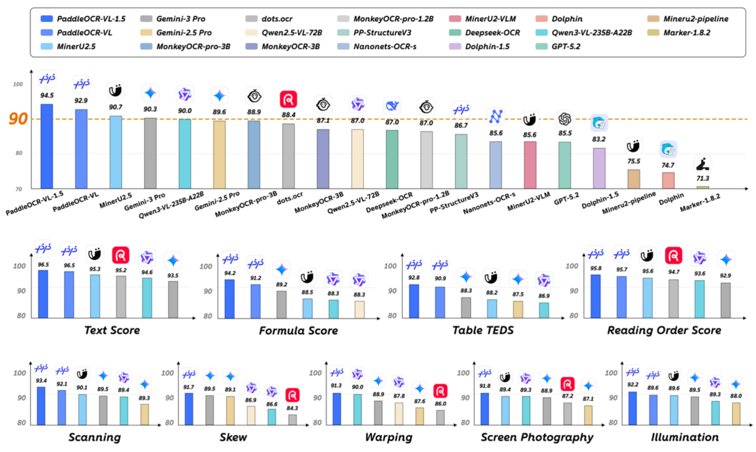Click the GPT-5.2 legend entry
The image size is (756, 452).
click(565, 46)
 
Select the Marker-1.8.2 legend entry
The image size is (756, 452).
click(686, 33)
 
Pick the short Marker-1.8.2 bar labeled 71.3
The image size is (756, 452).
click(702, 188)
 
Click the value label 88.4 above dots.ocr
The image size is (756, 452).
click(288, 115)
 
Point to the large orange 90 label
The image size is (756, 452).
click(18, 119)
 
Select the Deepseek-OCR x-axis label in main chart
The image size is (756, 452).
click(389, 202)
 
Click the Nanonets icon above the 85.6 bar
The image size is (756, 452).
click(496, 116)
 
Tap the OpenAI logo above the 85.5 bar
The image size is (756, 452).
click(565, 119)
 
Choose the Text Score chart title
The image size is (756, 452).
click(112, 330)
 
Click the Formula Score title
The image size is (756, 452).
click(298, 331)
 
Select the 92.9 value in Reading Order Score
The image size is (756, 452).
click(725, 276)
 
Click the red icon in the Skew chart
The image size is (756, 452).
click(292, 395)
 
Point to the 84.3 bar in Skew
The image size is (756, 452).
click(292, 420)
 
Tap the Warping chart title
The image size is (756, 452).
click(388, 437)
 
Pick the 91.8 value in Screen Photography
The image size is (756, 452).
click(485, 386)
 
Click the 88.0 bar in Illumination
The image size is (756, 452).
click(736, 414)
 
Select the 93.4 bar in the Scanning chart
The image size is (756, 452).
click(41, 406)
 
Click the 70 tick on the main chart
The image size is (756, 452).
click(19, 189)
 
